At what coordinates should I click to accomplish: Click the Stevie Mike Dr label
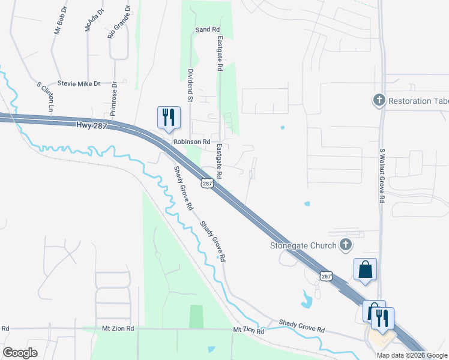(x=79, y=84)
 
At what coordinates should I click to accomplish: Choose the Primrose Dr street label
(x=112, y=94)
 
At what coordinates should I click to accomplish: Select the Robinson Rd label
(x=191, y=142)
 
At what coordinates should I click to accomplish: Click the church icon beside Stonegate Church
(x=345, y=244)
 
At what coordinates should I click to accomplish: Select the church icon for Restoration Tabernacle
(x=379, y=100)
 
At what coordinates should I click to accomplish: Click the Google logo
(x=20, y=352)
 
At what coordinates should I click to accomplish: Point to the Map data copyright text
(x=412, y=355)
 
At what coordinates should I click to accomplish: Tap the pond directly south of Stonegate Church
(x=307, y=299)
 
